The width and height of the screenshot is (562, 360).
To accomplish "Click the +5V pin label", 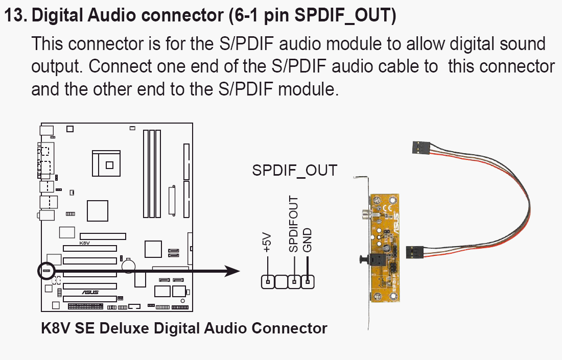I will click(x=267, y=244).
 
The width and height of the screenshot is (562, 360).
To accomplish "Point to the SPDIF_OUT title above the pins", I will click(x=295, y=171).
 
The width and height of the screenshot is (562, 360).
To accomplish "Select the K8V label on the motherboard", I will click(x=84, y=244).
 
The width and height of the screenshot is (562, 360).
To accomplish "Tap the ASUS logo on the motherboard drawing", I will click(x=91, y=293).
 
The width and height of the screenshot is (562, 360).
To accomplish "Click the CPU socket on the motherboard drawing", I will click(x=109, y=164).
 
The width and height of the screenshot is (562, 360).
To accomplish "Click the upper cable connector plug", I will click(x=420, y=148).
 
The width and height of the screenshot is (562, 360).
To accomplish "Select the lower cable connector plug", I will click(x=414, y=252).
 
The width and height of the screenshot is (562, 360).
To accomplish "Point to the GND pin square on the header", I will click(x=308, y=281).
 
